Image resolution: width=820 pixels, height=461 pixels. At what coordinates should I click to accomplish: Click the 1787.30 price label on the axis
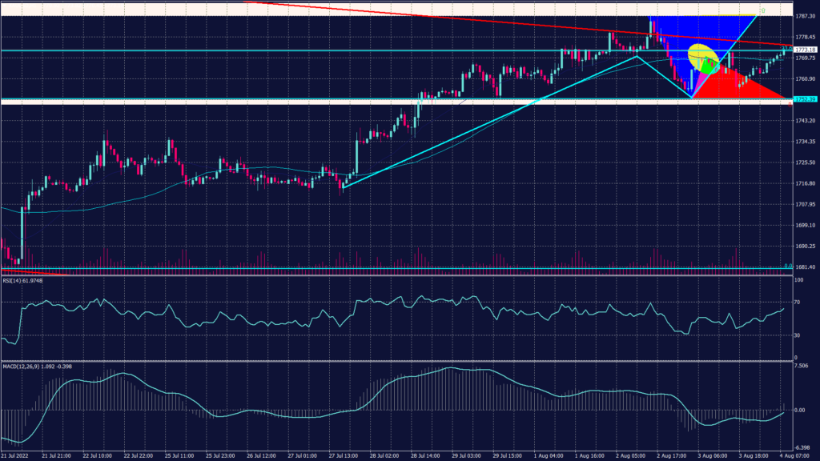(805, 15)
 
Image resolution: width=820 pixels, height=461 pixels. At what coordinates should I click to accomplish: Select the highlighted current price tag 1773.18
(805, 50)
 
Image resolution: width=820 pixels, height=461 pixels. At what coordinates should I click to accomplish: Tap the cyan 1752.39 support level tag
(805, 99)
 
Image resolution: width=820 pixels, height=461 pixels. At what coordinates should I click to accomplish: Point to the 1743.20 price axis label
(805, 121)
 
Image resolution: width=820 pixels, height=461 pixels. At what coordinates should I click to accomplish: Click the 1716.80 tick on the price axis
(805, 183)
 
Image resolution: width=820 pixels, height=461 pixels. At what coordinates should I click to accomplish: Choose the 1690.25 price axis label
(805, 247)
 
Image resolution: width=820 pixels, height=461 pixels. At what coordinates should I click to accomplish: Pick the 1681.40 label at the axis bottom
(805, 267)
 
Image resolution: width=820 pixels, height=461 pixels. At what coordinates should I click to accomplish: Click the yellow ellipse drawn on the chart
(702, 55)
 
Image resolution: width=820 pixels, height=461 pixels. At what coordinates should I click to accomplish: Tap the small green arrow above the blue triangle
(763, 10)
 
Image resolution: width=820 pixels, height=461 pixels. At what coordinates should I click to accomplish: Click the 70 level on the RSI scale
(798, 304)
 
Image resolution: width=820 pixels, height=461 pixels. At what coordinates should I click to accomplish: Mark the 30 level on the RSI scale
(798, 335)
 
